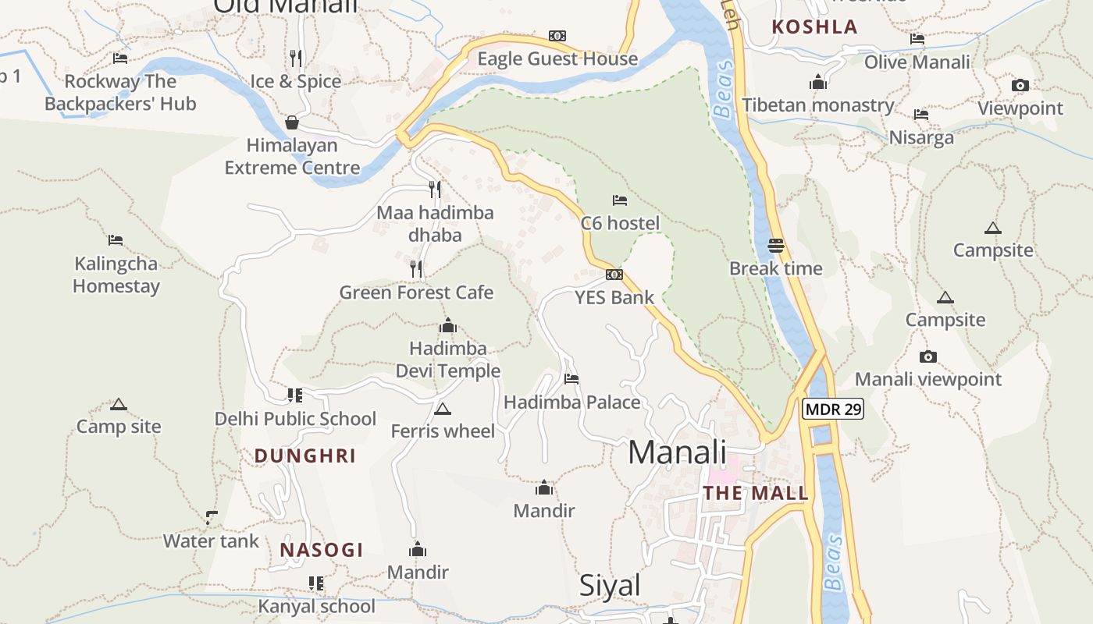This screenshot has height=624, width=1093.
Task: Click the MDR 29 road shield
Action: point(832,409)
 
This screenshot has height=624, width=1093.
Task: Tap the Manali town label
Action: point(677,452)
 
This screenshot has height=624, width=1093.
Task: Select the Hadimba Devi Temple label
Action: point(448,360)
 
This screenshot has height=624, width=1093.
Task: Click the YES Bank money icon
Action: point(614,275)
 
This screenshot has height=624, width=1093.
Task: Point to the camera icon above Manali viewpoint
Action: point(927,357)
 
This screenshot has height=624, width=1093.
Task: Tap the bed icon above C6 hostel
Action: point(620,200)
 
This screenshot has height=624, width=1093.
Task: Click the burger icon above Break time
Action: point(775,246)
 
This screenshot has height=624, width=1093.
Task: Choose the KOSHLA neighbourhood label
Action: point(814,27)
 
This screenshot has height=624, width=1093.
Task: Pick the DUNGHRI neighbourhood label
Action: point(305,456)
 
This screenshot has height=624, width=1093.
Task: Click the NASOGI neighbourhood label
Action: point(322,550)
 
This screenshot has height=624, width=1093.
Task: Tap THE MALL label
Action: point(756,493)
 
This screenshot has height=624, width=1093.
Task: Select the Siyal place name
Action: point(610,586)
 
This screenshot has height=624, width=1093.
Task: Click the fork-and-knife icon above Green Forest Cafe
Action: point(416,269)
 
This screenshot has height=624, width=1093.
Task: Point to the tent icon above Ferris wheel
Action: point(443,409)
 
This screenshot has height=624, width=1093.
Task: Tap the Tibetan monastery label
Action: point(818,105)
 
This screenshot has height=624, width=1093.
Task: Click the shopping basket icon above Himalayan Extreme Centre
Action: point(292,122)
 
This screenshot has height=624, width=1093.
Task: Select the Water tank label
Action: point(211,541)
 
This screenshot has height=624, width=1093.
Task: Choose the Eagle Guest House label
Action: point(557,58)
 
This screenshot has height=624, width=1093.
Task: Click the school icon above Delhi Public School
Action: point(294,395)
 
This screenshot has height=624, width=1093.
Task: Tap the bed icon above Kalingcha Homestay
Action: point(116,240)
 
